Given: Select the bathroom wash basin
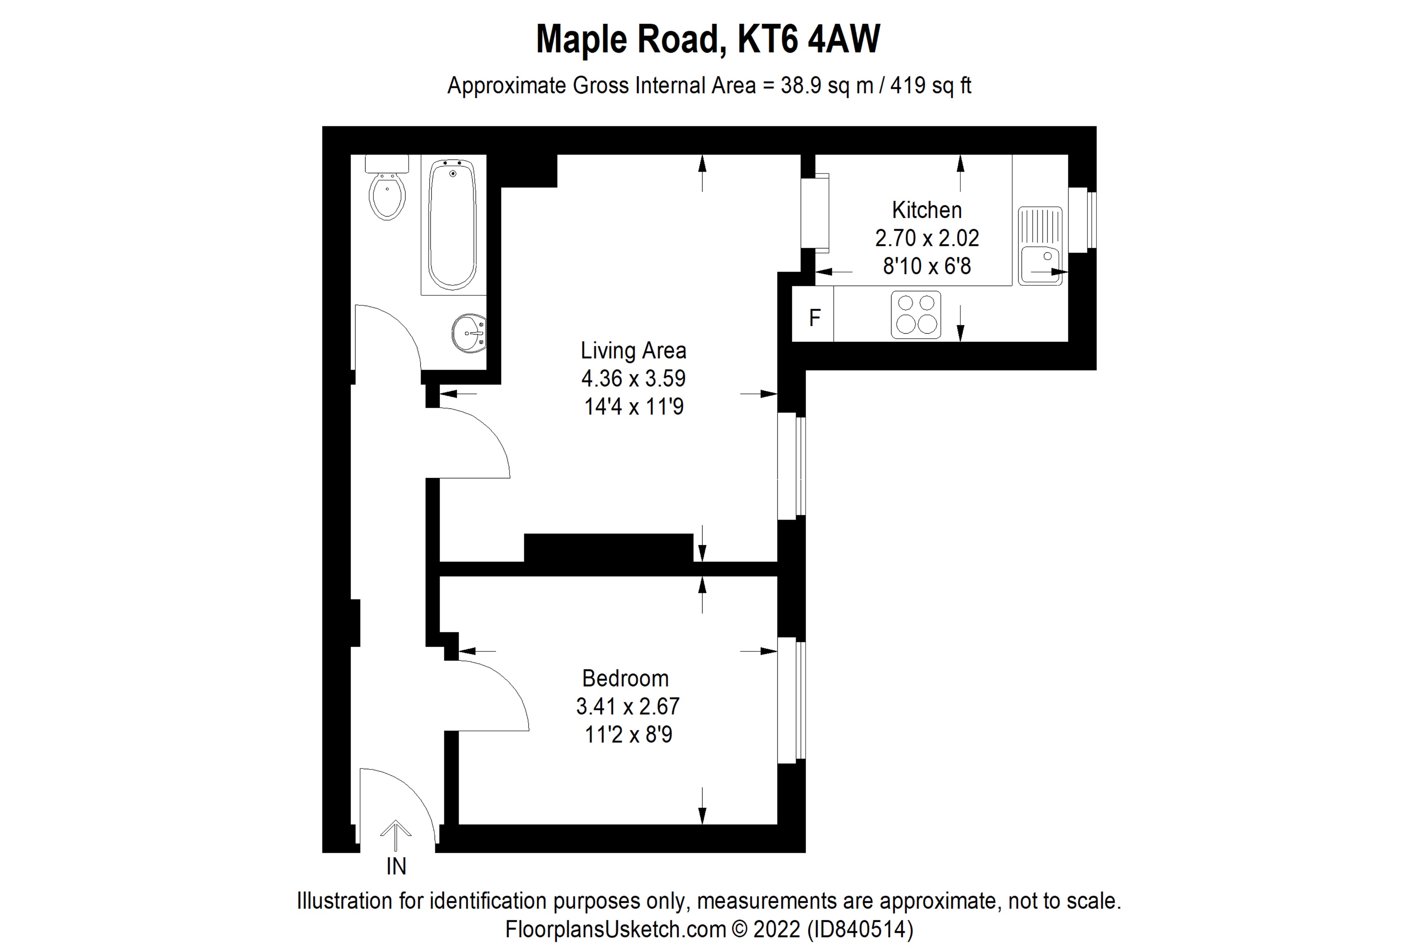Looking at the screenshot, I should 469,333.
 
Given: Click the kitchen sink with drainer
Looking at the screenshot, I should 1040,246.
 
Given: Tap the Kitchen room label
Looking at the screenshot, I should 927,210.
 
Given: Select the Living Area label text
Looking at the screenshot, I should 633,350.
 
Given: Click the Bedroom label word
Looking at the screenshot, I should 625,678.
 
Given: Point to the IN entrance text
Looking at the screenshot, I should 396,866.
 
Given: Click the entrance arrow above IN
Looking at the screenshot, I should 396,835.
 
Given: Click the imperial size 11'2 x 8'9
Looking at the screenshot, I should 628,735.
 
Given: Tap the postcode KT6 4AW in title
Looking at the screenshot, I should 809,40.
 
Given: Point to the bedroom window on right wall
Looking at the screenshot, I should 791,700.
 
